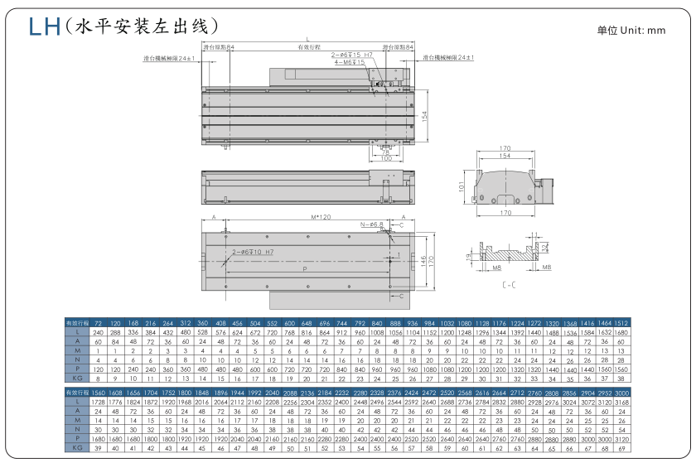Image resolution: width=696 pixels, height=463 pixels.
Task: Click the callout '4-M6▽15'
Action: (x=350, y=62)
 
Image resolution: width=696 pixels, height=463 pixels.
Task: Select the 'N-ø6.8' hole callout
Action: (x=372, y=224)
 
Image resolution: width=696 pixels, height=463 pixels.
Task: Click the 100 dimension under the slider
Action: (x=385, y=158)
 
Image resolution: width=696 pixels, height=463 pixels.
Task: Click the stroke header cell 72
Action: (x=98, y=321)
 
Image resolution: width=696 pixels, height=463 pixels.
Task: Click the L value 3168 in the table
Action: (x=622, y=401)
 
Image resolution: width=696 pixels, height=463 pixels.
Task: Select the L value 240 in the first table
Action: (x=98, y=331)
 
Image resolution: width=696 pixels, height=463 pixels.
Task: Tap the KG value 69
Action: (x=622, y=448)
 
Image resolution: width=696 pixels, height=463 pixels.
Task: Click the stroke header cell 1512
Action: (x=622, y=321)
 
